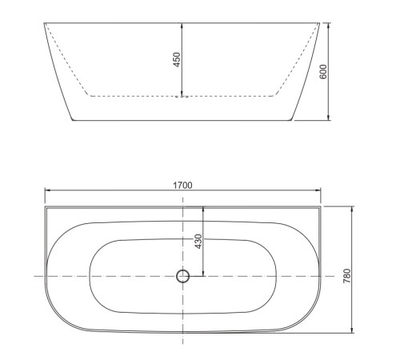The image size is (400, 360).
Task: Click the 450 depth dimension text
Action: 177,60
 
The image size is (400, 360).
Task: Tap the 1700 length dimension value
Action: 182,185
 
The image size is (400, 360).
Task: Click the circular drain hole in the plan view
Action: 183,276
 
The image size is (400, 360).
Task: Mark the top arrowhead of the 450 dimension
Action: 183,25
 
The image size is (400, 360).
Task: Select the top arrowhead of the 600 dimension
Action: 329,25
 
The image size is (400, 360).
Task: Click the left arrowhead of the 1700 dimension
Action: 46,190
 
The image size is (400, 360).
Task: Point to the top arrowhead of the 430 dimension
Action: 203,209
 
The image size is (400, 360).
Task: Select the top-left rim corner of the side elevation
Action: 43,22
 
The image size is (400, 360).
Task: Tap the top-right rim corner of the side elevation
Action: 321,22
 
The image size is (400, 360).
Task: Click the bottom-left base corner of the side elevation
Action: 72,121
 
